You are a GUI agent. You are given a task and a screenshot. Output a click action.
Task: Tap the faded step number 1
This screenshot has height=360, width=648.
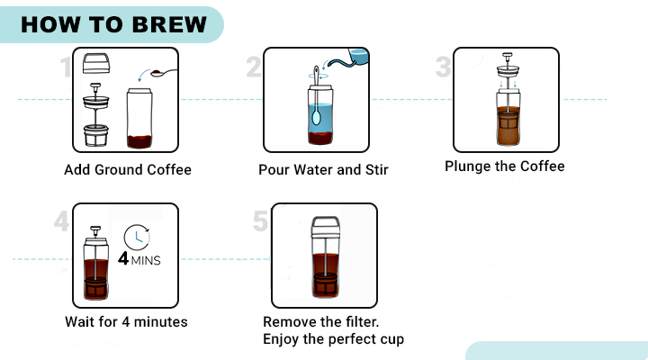66,67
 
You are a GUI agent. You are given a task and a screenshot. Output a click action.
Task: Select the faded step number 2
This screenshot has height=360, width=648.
254,67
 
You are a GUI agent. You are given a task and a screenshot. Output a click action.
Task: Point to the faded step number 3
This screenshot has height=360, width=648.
444,67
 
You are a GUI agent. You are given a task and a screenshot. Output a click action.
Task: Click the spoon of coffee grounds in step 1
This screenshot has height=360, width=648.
164,73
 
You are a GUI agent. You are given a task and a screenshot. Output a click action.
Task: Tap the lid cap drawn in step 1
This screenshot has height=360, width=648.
96,63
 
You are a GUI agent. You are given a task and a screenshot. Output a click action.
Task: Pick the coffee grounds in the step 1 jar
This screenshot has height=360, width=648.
139,141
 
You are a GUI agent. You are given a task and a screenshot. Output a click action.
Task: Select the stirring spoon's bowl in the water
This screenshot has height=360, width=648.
316,117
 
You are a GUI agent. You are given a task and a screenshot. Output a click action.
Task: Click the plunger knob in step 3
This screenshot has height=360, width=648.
507,55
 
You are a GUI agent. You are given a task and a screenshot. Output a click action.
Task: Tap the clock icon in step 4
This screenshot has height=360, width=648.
137,238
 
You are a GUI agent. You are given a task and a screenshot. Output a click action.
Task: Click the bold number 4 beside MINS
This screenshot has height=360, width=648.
123,258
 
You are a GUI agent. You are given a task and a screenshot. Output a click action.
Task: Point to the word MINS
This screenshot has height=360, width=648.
146,260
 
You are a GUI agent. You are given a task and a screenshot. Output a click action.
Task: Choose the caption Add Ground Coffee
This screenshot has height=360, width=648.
128,169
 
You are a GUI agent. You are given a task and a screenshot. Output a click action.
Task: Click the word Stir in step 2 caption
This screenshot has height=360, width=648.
377,169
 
